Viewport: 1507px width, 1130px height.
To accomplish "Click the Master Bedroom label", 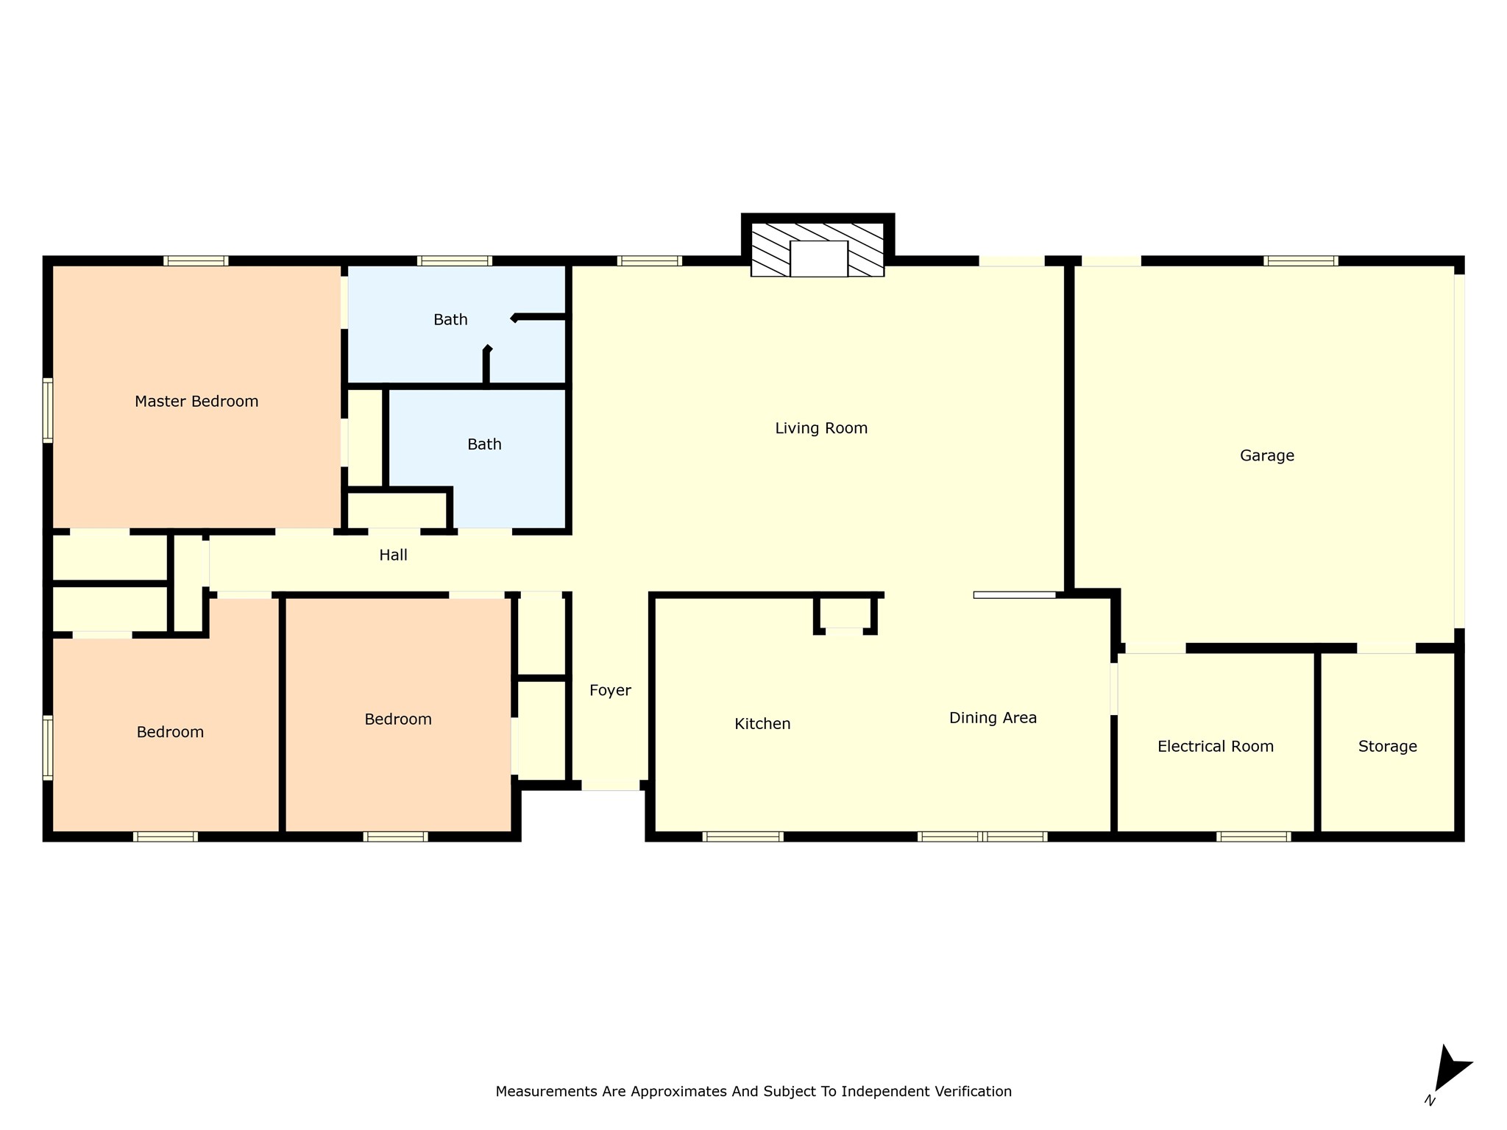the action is point(196,402).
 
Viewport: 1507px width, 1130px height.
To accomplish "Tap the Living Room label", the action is point(821,428).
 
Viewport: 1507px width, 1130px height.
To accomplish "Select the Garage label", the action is point(1267,456).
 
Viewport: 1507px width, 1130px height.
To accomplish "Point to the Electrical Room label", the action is point(1216,747).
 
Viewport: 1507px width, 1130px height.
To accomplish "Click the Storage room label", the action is point(1388,747).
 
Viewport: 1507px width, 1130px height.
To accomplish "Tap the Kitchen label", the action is point(762,724).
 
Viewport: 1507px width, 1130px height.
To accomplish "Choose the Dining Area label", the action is point(993,718).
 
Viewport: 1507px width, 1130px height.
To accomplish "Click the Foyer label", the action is point(611,691).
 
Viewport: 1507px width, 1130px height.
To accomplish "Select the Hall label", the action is point(394,555).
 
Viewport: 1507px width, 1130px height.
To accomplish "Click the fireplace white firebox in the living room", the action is point(819,259).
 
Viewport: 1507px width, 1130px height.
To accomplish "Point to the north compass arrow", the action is point(1452,1068).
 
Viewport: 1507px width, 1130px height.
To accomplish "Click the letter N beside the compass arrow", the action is point(1430,1101).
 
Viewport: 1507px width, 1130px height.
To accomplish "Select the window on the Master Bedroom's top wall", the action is point(196,260).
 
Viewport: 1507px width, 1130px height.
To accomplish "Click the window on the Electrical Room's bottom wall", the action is point(1254,836).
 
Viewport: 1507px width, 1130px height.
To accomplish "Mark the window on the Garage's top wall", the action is point(1301,260).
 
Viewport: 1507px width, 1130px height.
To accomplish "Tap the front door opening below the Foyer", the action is point(611,786).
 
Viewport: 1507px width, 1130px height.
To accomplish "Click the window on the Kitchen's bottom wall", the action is point(743,836).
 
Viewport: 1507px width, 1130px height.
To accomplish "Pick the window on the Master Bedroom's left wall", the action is point(48,411).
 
